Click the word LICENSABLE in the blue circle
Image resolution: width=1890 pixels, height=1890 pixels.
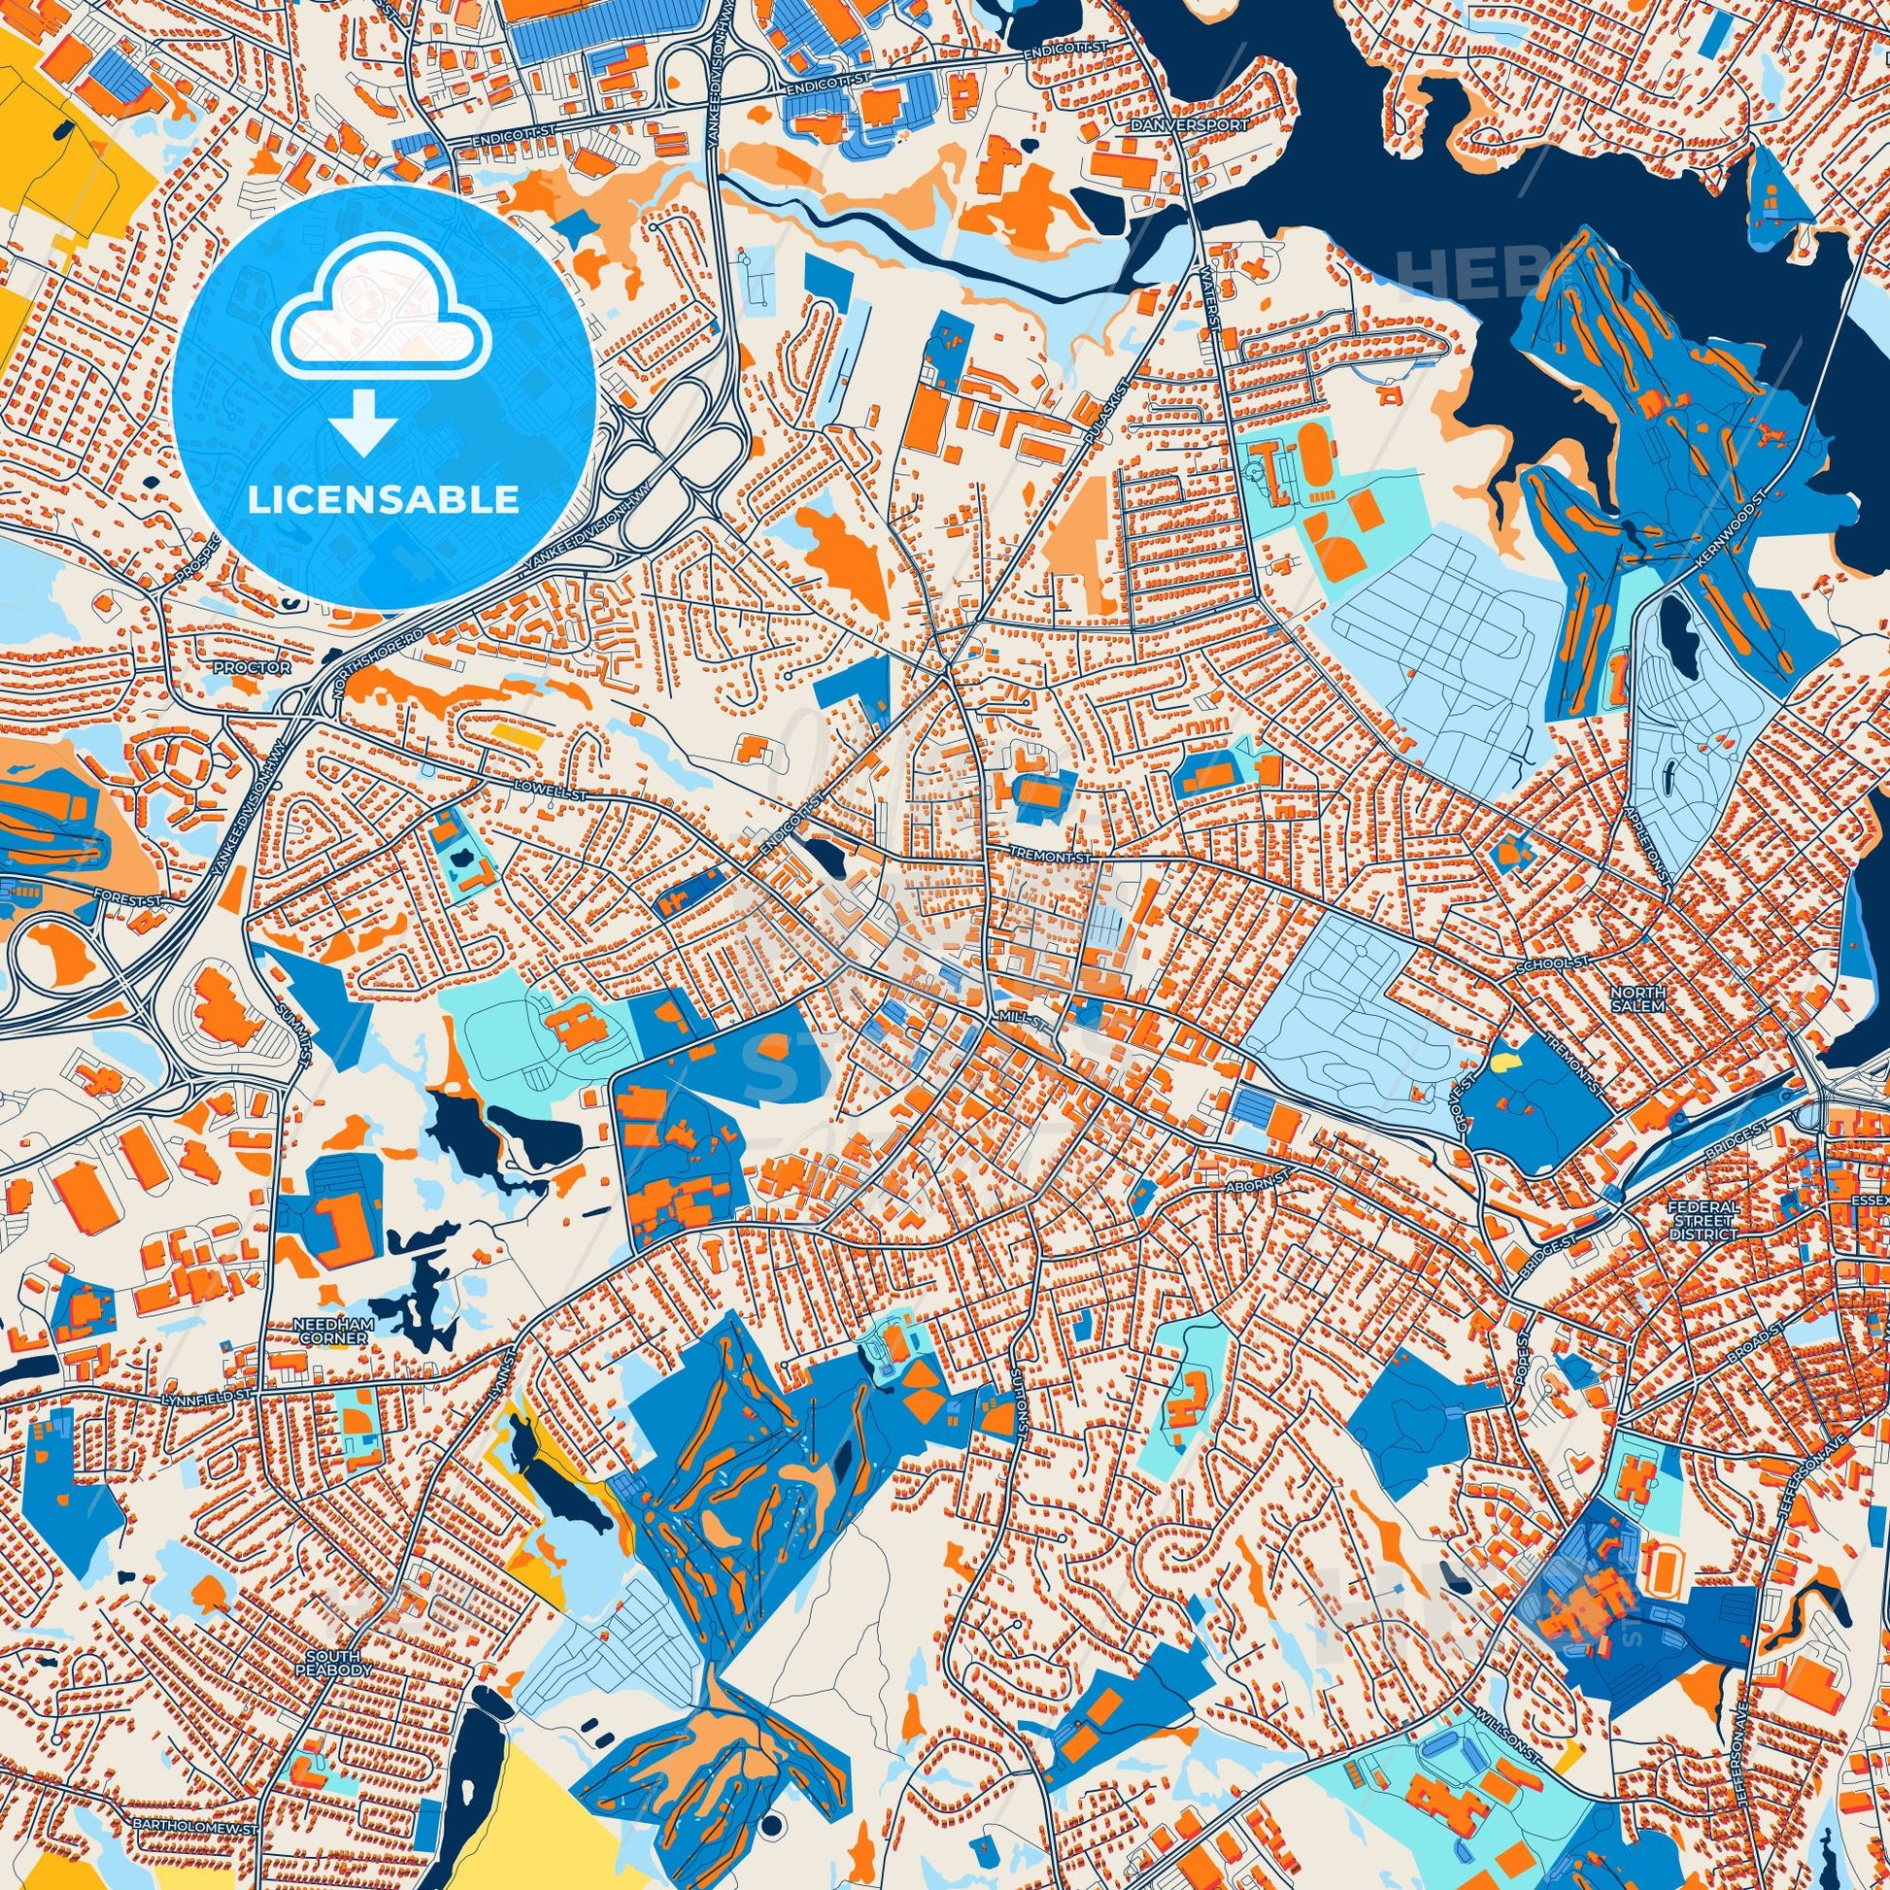[x=384, y=501]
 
